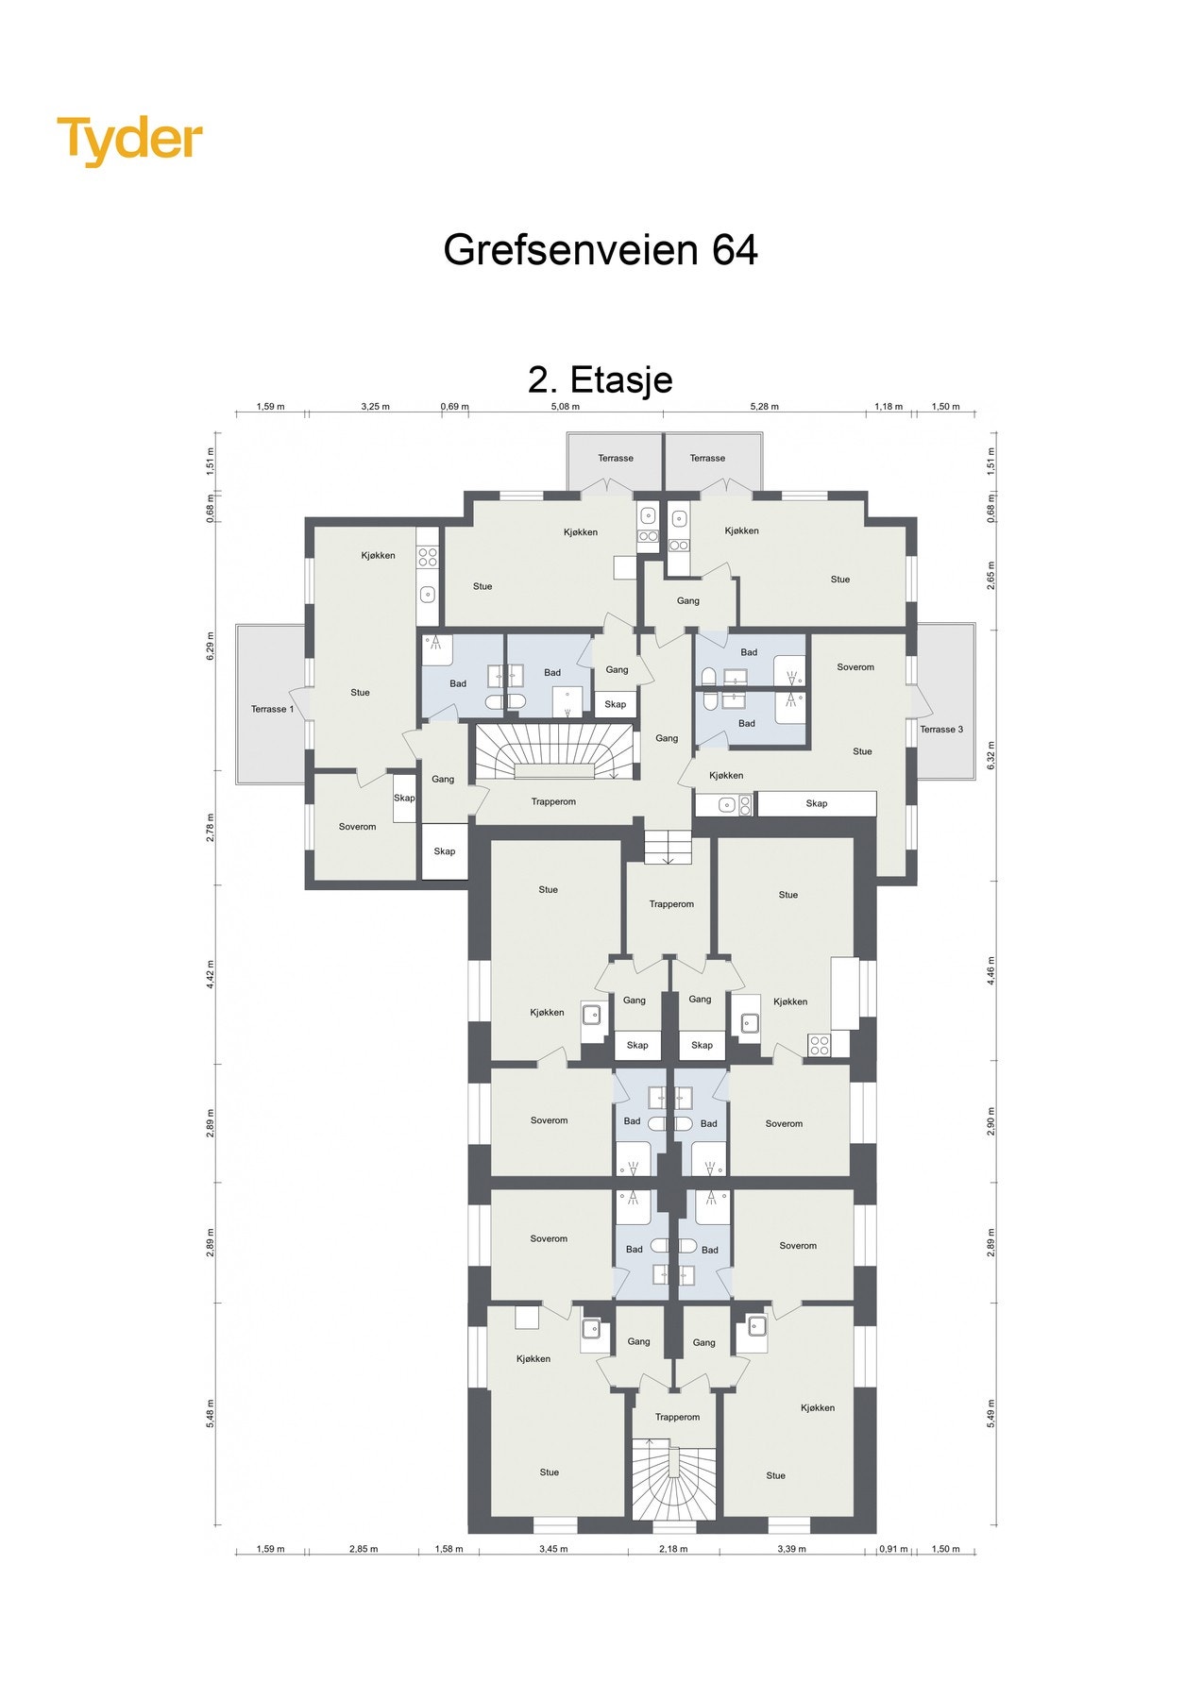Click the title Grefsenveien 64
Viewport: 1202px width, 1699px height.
click(601, 250)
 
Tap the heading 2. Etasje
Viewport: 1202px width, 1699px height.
click(601, 379)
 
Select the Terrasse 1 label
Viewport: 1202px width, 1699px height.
click(272, 709)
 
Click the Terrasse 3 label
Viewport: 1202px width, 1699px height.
click(941, 729)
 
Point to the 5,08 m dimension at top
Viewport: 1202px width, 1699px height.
click(565, 407)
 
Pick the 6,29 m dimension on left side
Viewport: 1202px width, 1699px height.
click(211, 646)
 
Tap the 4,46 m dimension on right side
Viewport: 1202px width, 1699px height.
click(991, 970)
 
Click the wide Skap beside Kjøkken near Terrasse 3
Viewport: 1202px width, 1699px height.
click(817, 803)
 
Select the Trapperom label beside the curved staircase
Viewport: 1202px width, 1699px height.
click(553, 801)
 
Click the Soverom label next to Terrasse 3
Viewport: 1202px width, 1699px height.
click(855, 667)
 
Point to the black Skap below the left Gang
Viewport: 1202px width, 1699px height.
click(445, 851)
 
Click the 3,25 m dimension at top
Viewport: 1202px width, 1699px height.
click(375, 407)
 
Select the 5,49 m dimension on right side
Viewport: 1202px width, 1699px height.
click(991, 1413)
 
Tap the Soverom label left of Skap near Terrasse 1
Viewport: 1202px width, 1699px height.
click(357, 827)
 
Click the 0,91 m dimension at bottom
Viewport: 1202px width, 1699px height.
click(893, 1549)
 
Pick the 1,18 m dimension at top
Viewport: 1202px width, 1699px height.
click(889, 407)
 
